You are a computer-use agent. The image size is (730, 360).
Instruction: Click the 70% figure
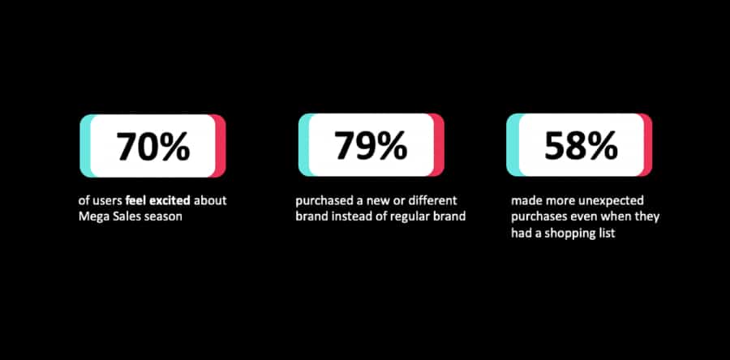click(x=153, y=146)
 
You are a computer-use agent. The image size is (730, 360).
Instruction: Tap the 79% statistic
click(x=371, y=145)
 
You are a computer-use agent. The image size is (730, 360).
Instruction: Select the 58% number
click(x=581, y=145)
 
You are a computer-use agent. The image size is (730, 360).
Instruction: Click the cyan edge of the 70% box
click(x=85, y=146)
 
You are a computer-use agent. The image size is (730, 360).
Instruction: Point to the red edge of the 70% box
click(x=220, y=146)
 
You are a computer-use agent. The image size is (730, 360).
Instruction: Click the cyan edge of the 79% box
click(x=303, y=145)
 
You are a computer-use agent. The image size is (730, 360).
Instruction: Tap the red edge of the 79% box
click(x=439, y=145)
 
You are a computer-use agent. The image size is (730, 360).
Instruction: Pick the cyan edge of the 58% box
click(x=513, y=145)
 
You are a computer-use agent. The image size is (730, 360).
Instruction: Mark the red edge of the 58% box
click(x=647, y=145)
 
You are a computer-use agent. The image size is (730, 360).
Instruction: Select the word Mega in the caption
click(x=91, y=216)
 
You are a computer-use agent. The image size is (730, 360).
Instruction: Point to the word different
click(x=434, y=200)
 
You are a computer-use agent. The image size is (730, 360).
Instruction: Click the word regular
click(x=417, y=217)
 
